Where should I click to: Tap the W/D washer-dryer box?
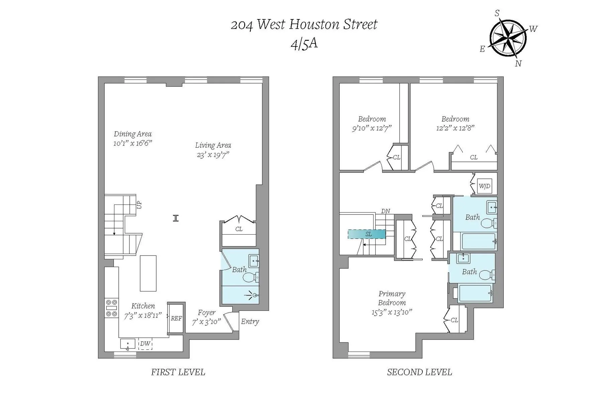click(x=484, y=186)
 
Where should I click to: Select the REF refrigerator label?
click(x=176, y=318)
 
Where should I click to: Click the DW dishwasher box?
click(x=145, y=344)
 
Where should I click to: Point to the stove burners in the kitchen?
click(x=111, y=308)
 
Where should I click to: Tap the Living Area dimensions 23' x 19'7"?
click(x=213, y=155)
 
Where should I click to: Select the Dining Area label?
click(x=132, y=134)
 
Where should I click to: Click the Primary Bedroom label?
click(x=392, y=298)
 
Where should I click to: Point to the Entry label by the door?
click(x=250, y=321)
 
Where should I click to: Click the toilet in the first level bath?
click(x=250, y=277)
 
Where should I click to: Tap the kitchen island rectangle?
click(x=148, y=273)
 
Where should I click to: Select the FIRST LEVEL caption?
click(x=178, y=372)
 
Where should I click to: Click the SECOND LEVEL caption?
click(x=419, y=372)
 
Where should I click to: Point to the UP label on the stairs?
click(x=139, y=205)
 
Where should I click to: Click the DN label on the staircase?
click(x=385, y=211)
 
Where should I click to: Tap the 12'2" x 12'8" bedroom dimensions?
click(x=455, y=128)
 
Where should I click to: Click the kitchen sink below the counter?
click(x=127, y=344)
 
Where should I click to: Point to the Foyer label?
click(x=206, y=313)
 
